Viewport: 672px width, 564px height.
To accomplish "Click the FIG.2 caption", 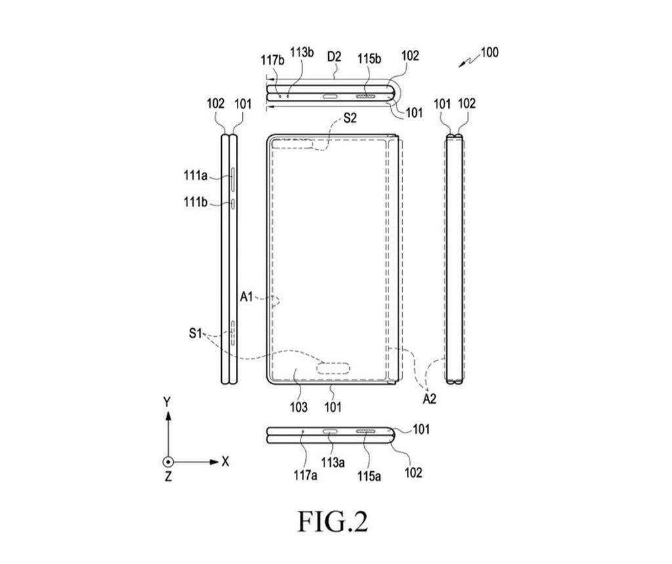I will coord(333,521).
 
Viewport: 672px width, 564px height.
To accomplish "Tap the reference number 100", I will coord(489,52).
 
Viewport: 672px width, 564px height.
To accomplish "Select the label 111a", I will coord(196,175).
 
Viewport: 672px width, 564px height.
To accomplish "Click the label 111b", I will coord(196,203).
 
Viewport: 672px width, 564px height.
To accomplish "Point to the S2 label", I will coord(350,119).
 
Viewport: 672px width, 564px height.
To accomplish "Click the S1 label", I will coord(194,334).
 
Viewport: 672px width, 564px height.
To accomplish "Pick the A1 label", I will coord(246,297).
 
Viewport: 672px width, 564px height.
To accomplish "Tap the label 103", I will coord(298,408).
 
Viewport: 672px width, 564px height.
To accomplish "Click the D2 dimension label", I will coord(334,57).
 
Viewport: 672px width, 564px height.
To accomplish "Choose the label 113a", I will coord(331,462).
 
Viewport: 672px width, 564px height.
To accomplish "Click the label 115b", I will coord(369,58).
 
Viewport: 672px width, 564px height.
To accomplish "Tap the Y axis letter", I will coord(167,400).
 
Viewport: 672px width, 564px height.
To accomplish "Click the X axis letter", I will coord(225,462).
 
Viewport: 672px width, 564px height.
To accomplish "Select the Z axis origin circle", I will coord(168,462).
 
